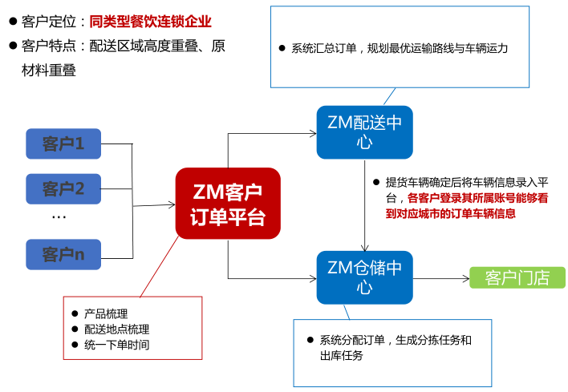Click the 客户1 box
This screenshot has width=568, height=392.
point(63,144)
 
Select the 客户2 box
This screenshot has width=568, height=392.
point(63,190)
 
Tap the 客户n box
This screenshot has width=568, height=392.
point(63,255)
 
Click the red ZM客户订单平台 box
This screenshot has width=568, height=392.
point(228,204)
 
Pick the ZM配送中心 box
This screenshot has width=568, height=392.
point(364,132)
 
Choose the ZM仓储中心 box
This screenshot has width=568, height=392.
point(364,277)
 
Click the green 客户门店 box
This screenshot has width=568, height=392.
point(517,277)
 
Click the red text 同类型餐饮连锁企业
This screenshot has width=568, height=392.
point(151,21)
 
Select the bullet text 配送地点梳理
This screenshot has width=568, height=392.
point(116,329)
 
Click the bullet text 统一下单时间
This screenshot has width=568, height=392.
point(116,345)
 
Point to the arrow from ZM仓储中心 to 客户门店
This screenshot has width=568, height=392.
point(440,278)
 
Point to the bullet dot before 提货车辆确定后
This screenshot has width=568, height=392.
point(375,181)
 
